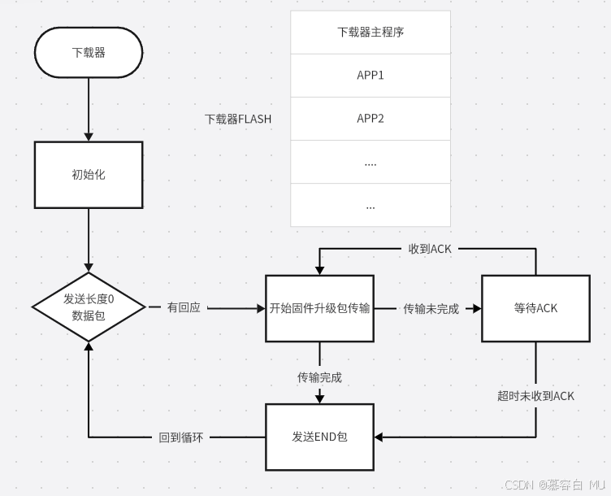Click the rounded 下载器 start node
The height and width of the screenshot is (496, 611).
[x=89, y=53]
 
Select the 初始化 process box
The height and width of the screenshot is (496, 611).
[x=89, y=174]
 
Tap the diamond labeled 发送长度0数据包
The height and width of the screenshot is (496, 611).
[x=89, y=307]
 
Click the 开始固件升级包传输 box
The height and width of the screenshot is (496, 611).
[x=319, y=308]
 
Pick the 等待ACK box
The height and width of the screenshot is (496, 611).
[x=535, y=308]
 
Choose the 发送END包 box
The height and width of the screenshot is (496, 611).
[x=319, y=437]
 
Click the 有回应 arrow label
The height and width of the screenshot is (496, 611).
[x=184, y=308]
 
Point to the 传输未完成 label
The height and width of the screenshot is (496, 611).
[x=431, y=309]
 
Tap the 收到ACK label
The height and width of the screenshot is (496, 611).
[x=430, y=249]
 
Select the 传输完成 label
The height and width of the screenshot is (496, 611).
[x=319, y=377]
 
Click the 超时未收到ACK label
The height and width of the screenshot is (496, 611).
[x=535, y=396]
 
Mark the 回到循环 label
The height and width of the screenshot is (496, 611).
[x=181, y=437]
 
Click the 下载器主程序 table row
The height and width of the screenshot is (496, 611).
[x=370, y=33]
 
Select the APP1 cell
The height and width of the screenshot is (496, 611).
[x=370, y=76]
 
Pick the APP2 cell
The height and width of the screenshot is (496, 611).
[x=370, y=119]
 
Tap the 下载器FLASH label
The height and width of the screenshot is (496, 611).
[x=238, y=119]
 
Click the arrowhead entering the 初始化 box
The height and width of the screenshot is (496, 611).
[x=89, y=137]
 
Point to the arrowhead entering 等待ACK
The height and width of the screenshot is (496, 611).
[x=477, y=308]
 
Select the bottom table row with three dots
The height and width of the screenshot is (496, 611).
[x=370, y=206]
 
